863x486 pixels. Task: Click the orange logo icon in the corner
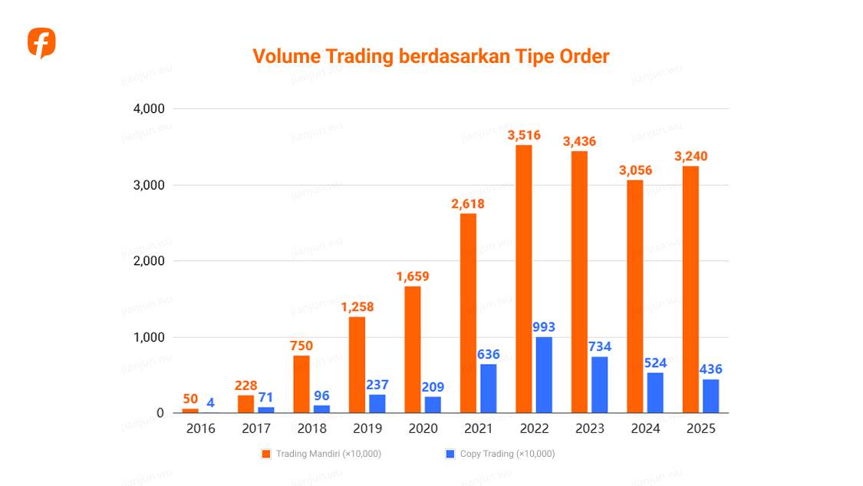coord(41,43)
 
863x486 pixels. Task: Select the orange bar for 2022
coord(524,279)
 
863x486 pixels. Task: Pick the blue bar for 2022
coord(544,375)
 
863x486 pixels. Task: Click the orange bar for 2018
coord(301,384)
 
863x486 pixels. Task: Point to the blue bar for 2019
coord(377,403)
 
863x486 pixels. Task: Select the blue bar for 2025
coord(711,395)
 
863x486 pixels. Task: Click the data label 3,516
coord(524,135)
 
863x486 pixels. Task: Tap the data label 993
coord(544,327)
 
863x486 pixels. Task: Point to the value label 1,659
coord(413,276)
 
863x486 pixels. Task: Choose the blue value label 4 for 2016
coord(210,402)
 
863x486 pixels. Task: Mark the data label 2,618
coord(468,203)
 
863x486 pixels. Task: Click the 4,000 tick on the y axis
coord(149,109)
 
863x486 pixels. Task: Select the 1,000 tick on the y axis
coord(149,337)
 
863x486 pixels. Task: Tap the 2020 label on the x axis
coord(423,428)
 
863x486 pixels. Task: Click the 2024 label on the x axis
coord(645,428)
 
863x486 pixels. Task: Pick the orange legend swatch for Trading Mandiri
coord(266,454)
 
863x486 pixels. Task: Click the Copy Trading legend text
coord(507,454)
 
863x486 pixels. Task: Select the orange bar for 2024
coord(635,296)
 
